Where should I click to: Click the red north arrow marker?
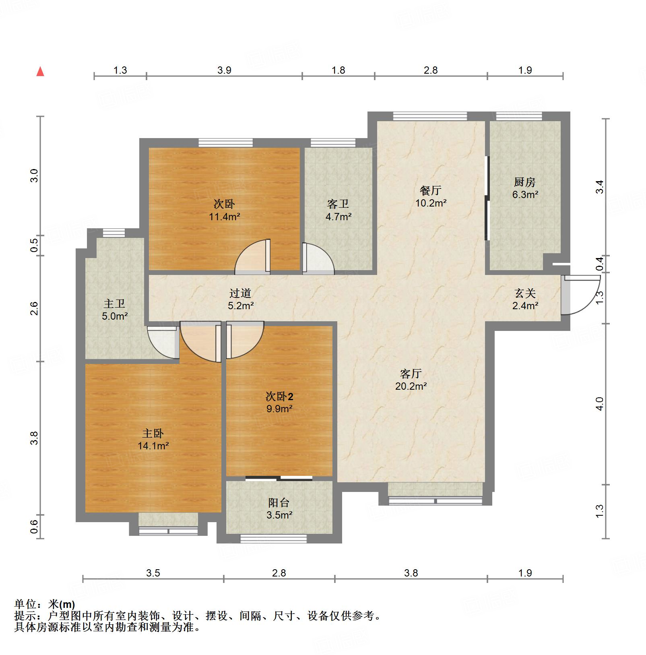click(40, 72)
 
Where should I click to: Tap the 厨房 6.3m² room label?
click(525, 188)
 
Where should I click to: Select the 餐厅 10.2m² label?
click(431, 196)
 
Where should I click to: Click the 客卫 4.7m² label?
click(338, 211)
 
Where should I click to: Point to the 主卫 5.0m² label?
click(115, 310)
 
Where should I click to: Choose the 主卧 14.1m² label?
click(153, 440)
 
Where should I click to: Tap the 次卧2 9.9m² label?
click(279, 403)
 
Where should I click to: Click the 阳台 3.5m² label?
click(279, 508)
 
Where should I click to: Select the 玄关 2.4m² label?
click(525, 300)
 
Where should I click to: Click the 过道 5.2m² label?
click(241, 299)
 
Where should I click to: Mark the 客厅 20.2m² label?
click(411, 380)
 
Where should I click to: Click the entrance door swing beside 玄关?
click(580, 294)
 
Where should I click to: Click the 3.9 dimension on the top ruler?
click(224, 70)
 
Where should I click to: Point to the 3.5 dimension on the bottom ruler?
click(153, 573)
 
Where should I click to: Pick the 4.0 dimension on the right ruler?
click(600, 403)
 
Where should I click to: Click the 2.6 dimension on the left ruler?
click(35, 308)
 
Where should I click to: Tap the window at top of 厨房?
click(519, 116)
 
